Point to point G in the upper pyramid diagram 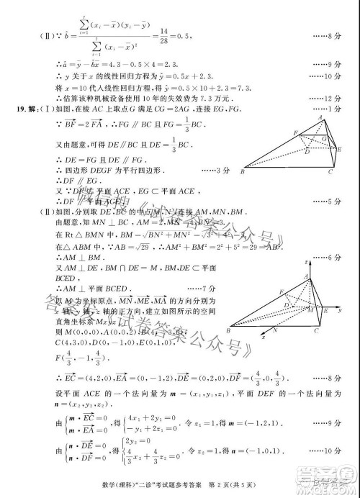click(x=325, y=138)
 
